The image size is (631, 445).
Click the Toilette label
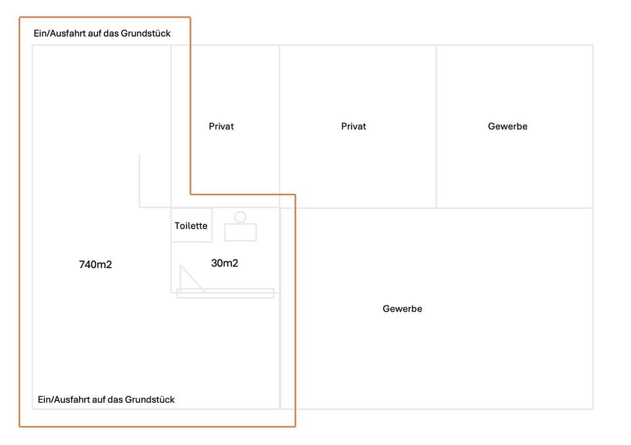pyautogui.click(x=191, y=225)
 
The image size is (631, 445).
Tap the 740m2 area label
pyautogui.click(x=95, y=265)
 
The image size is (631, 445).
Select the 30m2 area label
pyautogui.click(x=225, y=264)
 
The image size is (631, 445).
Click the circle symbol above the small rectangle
pyautogui.click(x=241, y=217)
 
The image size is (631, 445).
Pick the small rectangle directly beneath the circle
pyautogui.click(x=241, y=232)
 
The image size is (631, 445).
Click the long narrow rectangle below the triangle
pyautogui.click(x=225, y=293)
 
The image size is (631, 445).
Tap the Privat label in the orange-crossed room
pyautogui.click(x=221, y=126)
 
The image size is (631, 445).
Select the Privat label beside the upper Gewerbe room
pyautogui.click(x=354, y=126)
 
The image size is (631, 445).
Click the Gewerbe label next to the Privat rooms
pyautogui.click(x=507, y=126)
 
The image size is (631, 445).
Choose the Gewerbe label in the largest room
pyautogui.click(x=402, y=309)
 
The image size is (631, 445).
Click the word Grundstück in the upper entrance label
pyautogui.click(x=145, y=34)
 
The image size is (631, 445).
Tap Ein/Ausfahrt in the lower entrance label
pyautogui.click(x=63, y=400)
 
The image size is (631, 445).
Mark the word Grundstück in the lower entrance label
pyautogui.click(x=150, y=400)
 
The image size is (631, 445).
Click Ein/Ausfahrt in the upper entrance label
pyautogui.click(x=59, y=34)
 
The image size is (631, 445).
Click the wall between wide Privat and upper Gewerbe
pyautogui.click(x=436, y=126)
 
